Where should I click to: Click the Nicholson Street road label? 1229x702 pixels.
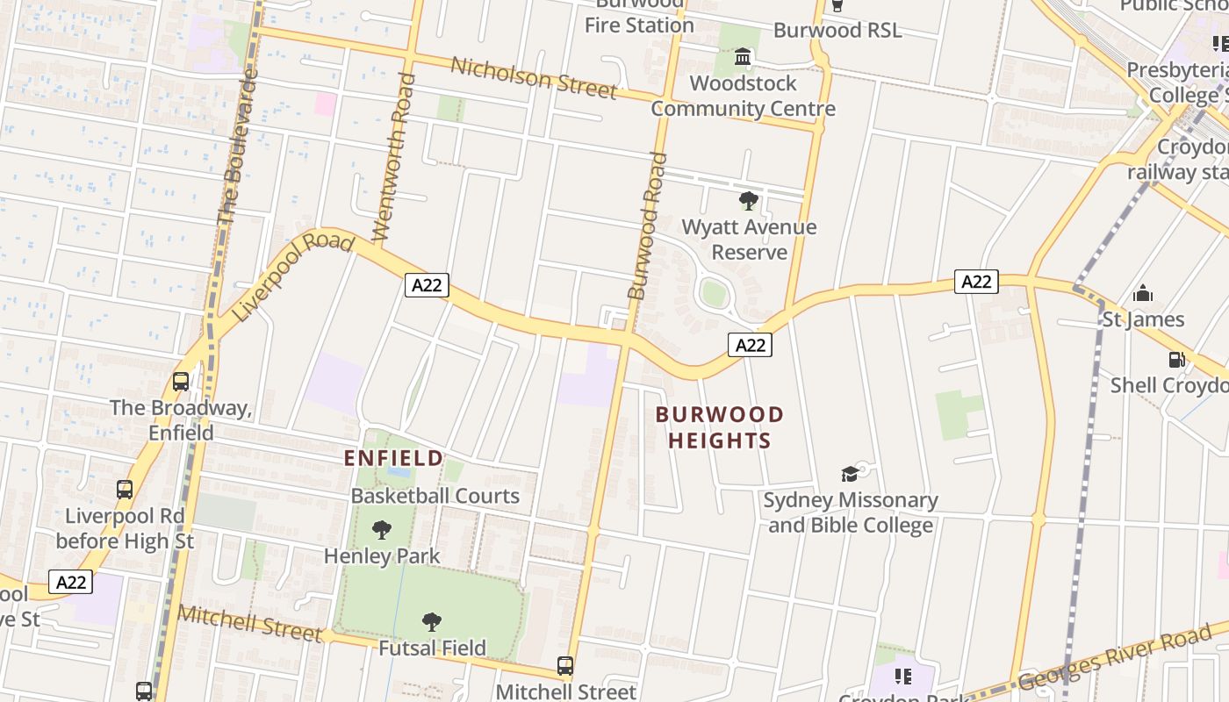tap(534, 77)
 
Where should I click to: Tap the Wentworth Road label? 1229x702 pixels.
tap(393, 158)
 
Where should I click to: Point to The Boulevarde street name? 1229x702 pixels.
tap(237, 145)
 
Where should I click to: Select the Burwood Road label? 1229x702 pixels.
tap(648, 226)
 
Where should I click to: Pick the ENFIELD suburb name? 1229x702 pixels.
tap(393, 458)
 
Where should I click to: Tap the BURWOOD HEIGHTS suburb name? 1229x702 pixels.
tap(720, 427)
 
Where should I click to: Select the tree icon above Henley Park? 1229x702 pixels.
tap(381, 530)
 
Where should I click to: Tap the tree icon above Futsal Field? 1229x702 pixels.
tap(431, 622)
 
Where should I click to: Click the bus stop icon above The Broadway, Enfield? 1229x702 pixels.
tap(181, 382)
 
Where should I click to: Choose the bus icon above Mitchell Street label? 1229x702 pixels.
tap(565, 666)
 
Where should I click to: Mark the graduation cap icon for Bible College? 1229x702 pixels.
tap(849, 475)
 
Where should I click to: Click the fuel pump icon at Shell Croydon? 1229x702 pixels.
tap(1176, 360)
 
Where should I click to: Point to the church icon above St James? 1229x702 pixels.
tap(1143, 293)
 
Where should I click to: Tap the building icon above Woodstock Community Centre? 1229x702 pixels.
tap(743, 58)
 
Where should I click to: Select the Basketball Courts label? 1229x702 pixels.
tap(435, 496)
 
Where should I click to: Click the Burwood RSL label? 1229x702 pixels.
tap(837, 31)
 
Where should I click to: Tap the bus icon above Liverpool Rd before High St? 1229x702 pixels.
tap(125, 490)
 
